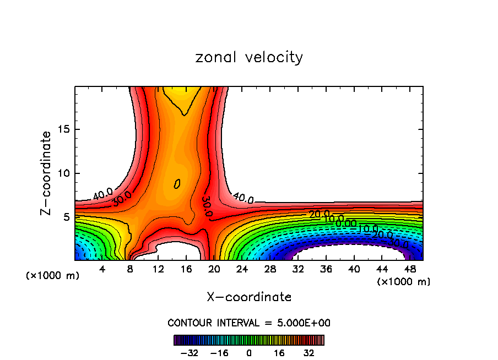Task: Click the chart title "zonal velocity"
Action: (249, 57)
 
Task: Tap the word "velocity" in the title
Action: (274, 57)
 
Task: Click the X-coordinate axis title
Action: (249, 297)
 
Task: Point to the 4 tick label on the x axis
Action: (102, 269)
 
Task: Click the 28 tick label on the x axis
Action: (270, 269)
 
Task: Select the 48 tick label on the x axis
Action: (409, 269)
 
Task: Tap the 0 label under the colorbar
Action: (249, 352)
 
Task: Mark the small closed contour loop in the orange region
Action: (177, 184)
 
